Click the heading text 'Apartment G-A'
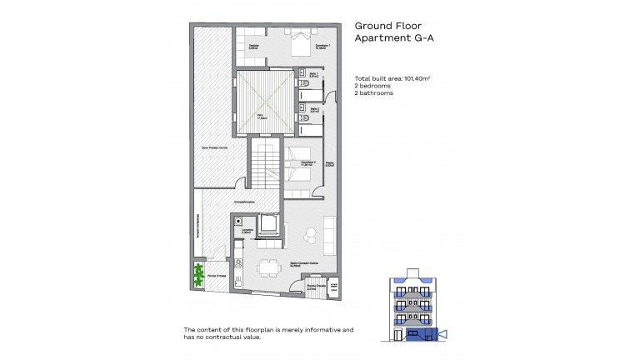coord(392,39)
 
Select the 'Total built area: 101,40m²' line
coord(397,79)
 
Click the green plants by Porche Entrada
coord(200,276)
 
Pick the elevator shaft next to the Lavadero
coord(269,226)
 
